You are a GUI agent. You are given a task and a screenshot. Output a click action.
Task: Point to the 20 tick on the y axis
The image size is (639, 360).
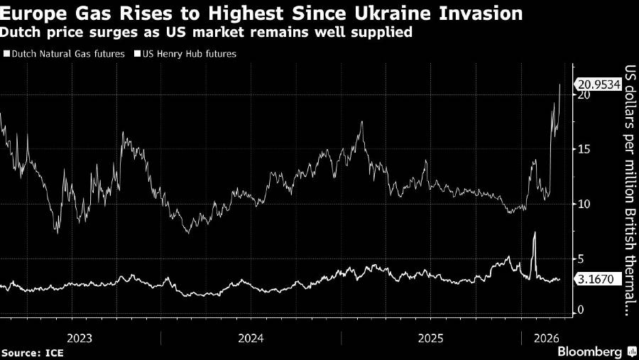click(x=584, y=94)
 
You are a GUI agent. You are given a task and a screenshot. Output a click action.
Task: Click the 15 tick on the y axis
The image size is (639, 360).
click(x=584, y=149)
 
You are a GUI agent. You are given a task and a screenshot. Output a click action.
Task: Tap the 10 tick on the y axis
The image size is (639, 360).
click(x=584, y=204)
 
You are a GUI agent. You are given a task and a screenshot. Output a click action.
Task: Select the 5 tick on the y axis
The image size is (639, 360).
click(x=580, y=258)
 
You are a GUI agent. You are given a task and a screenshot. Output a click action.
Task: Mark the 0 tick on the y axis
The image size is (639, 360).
click(x=580, y=310)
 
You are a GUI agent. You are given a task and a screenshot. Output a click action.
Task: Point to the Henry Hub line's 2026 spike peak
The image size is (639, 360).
click(x=535, y=233)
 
